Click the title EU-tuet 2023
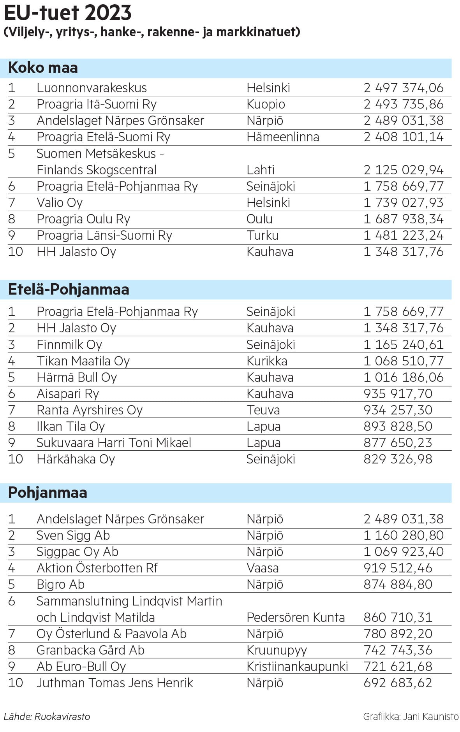point(68,13)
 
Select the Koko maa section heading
point(43,68)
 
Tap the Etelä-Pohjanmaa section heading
point(69,290)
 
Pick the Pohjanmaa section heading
point(48,493)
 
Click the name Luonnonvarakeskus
point(92,88)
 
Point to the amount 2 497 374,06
point(403,88)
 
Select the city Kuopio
point(266,104)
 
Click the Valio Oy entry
point(60,203)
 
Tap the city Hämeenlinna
point(283,137)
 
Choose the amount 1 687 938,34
point(403,219)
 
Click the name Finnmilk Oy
point(69,345)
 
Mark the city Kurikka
point(267,361)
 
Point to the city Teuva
point(263,410)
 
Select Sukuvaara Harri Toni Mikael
point(114,443)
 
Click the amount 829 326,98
point(398,459)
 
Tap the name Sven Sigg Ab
point(73,535)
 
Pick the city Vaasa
point(263,568)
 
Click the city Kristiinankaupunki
point(297,666)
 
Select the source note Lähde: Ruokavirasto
point(47,716)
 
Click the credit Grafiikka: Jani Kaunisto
point(411,716)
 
